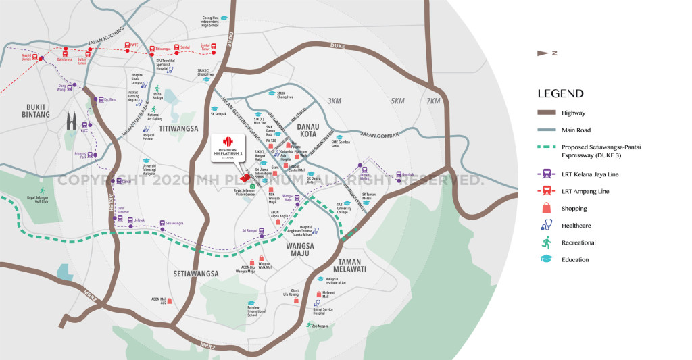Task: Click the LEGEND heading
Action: coord(560,94)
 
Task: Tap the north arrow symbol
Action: coord(543,53)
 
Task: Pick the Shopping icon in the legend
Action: coord(545,209)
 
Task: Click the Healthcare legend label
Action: coord(575,226)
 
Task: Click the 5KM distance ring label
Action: coord(397,101)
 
